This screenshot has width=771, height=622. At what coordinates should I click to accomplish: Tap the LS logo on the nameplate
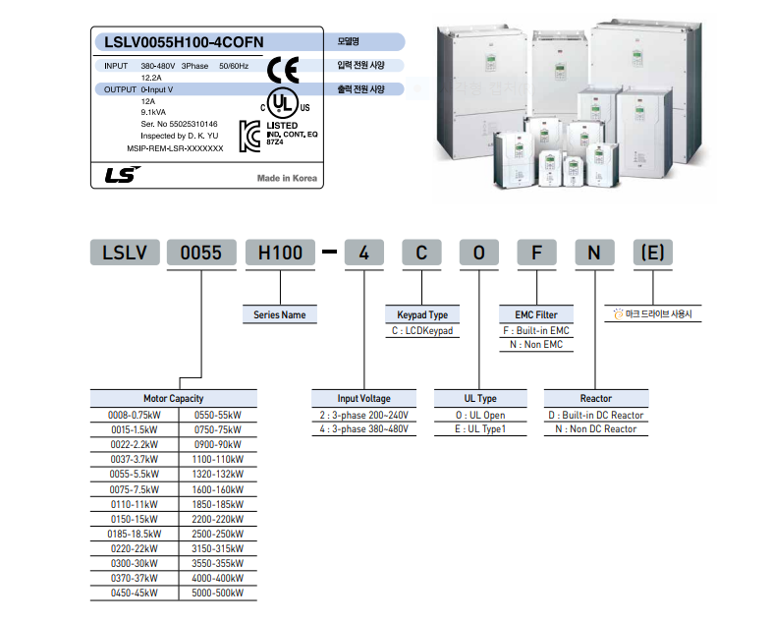coord(123,176)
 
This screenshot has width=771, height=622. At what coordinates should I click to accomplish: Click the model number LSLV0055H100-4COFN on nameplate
coord(184,41)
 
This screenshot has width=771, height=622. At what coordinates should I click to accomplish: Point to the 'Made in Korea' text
coord(288,179)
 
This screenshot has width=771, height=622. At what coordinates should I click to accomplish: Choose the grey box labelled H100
coord(280,253)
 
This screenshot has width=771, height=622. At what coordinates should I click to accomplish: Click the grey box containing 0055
coord(200,253)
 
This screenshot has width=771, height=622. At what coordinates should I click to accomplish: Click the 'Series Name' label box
coord(280,315)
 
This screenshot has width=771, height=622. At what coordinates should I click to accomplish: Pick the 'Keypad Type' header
coord(422,315)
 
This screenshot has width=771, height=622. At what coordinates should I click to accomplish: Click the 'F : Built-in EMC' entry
coord(536,331)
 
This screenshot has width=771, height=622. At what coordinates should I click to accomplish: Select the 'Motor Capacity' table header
coord(174,399)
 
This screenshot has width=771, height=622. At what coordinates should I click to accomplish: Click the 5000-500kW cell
coord(216,593)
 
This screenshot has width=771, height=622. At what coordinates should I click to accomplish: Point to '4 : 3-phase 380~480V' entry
coord(363,430)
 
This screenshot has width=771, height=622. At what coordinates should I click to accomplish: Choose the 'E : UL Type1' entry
coord(480,430)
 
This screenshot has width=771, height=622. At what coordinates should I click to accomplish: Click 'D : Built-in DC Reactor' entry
coord(596,415)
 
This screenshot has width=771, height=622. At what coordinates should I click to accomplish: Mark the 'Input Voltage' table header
coord(363,399)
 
